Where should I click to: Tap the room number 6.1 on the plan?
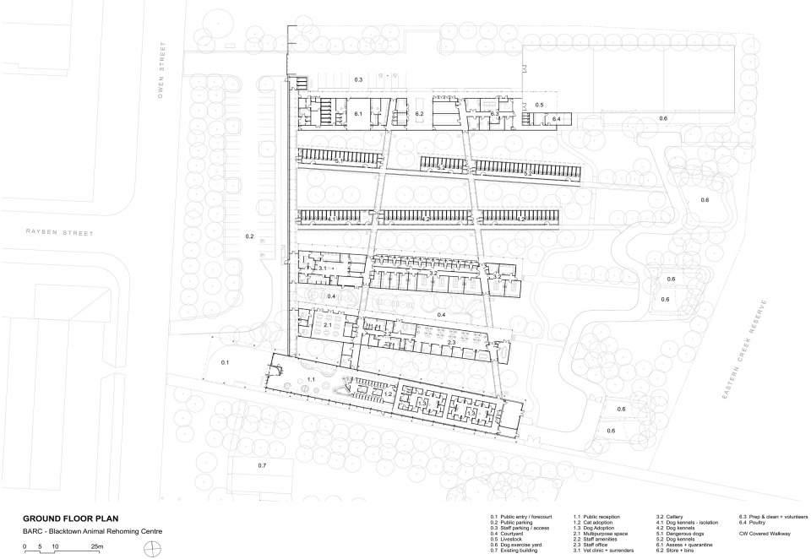click(358, 113)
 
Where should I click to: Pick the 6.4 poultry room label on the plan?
click(556, 120)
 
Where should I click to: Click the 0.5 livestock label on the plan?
click(539, 104)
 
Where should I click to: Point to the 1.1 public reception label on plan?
click(311, 380)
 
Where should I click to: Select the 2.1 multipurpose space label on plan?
click(328, 324)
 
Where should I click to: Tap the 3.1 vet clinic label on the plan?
click(322, 268)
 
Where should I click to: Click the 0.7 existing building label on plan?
click(262, 465)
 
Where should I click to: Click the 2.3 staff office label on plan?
click(404, 342)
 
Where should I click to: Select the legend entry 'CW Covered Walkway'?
click(765, 533)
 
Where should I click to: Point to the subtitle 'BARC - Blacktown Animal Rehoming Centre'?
click(91, 531)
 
